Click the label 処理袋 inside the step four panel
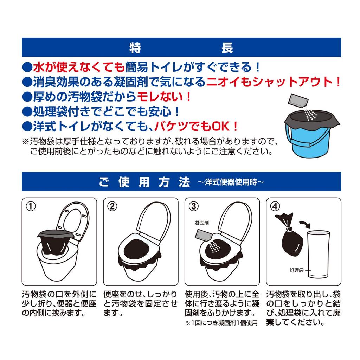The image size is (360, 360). (x=296, y=270)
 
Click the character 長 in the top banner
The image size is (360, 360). (x=227, y=47)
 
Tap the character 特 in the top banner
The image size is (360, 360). (x=135, y=47)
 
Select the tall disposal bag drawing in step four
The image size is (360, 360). (x=318, y=255)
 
